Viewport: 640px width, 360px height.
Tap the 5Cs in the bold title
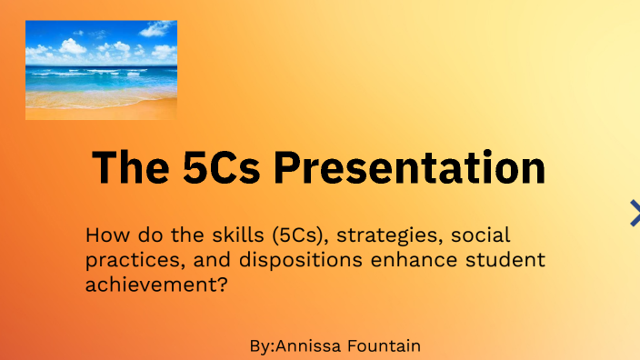[x=221, y=168]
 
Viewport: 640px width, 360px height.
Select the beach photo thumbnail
[x=101, y=70]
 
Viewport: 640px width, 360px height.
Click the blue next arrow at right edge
[x=634, y=213]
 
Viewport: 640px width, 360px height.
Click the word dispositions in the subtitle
[x=291, y=260]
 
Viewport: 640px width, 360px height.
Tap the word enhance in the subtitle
[x=405, y=260]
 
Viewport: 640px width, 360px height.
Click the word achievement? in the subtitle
[x=155, y=285]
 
